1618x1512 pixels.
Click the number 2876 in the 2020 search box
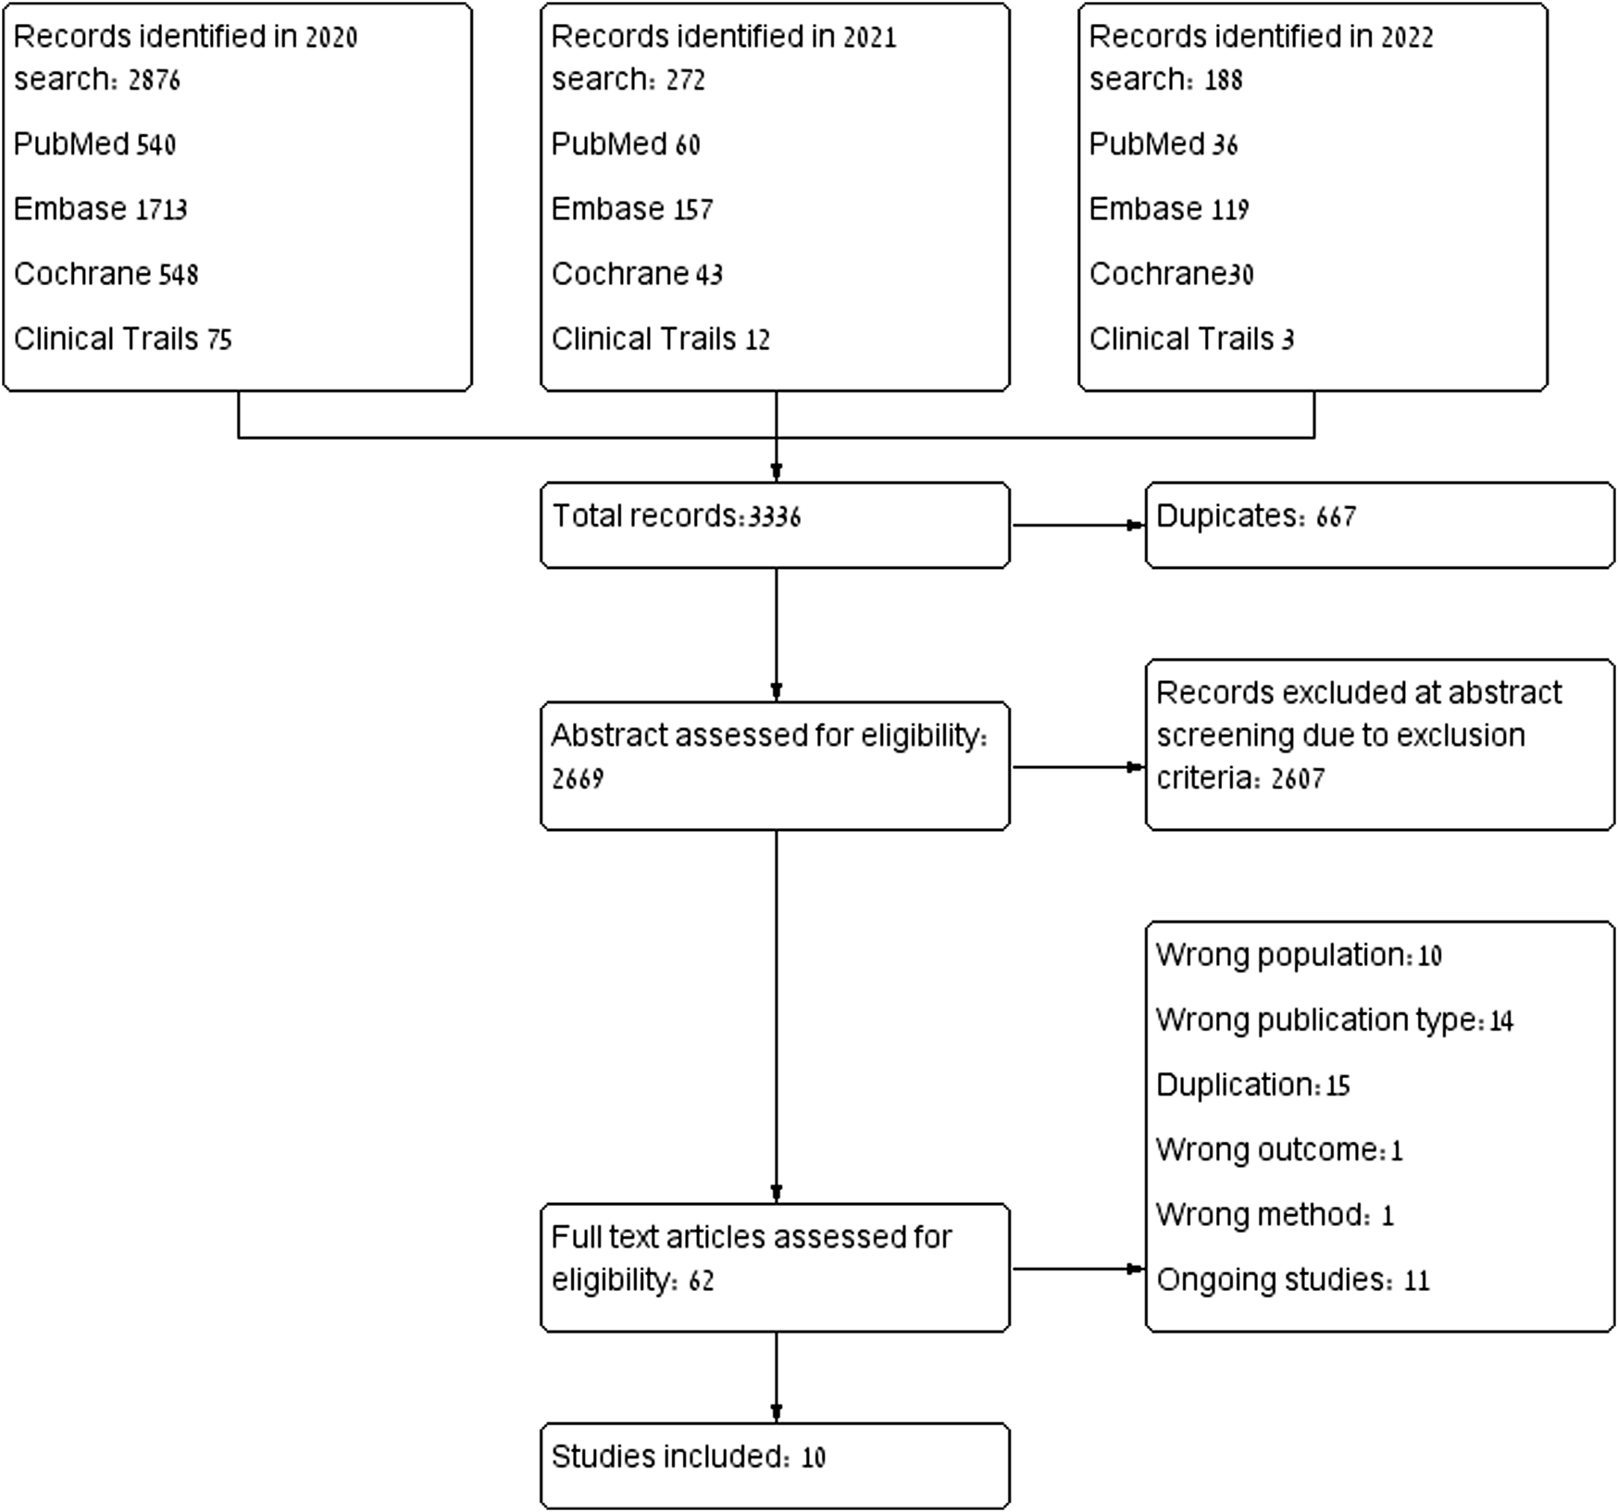pyautogui.click(x=154, y=81)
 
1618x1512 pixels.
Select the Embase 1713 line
pyautogui.click(x=100, y=209)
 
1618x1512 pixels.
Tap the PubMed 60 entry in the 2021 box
pyautogui.click(x=625, y=144)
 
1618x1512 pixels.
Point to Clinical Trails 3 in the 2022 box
pyautogui.click(x=1190, y=340)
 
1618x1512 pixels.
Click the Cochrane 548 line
pyautogui.click(x=106, y=274)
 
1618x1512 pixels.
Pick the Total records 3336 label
pyautogui.click(x=676, y=516)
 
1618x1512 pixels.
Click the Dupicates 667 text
pyautogui.click(x=1255, y=516)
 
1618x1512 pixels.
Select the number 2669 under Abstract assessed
pyautogui.click(x=578, y=779)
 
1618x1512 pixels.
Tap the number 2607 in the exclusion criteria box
pyautogui.click(x=1297, y=779)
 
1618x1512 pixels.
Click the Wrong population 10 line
pyautogui.click(x=1298, y=955)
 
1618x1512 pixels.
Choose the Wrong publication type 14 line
pyautogui.click(x=1334, y=1020)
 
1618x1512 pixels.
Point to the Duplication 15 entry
pyautogui.click(x=1252, y=1084)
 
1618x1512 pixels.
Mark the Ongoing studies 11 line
pyautogui.click(x=1292, y=1280)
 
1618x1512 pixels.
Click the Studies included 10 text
pyautogui.click(x=688, y=1457)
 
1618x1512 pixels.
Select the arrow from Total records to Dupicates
pyautogui.click(x=1077, y=526)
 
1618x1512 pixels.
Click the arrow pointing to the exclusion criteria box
pyautogui.click(x=1077, y=767)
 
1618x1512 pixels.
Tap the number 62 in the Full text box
pyautogui.click(x=701, y=1282)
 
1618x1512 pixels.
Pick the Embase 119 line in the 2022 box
pyautogui.click(x=1168, y=209)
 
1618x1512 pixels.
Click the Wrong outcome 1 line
pyautogui.click(x=1278, y=1150)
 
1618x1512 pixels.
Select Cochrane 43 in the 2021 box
pyautogui.click(x=636, y=274)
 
